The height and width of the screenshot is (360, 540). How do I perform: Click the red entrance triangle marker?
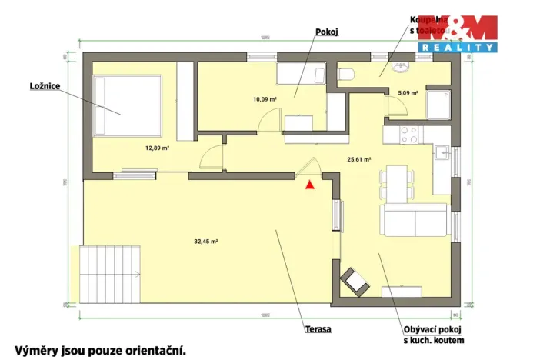click(309, 185)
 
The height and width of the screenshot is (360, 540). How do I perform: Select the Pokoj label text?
click(327, 32)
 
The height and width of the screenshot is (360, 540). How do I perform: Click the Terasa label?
click(318, 329)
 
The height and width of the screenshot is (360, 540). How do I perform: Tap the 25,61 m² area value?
click(359, 159)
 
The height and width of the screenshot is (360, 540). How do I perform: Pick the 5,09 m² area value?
click(407, 92)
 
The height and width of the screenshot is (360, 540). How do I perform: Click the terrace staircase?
click(111, 275)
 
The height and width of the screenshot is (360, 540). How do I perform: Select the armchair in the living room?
click(355, 282)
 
